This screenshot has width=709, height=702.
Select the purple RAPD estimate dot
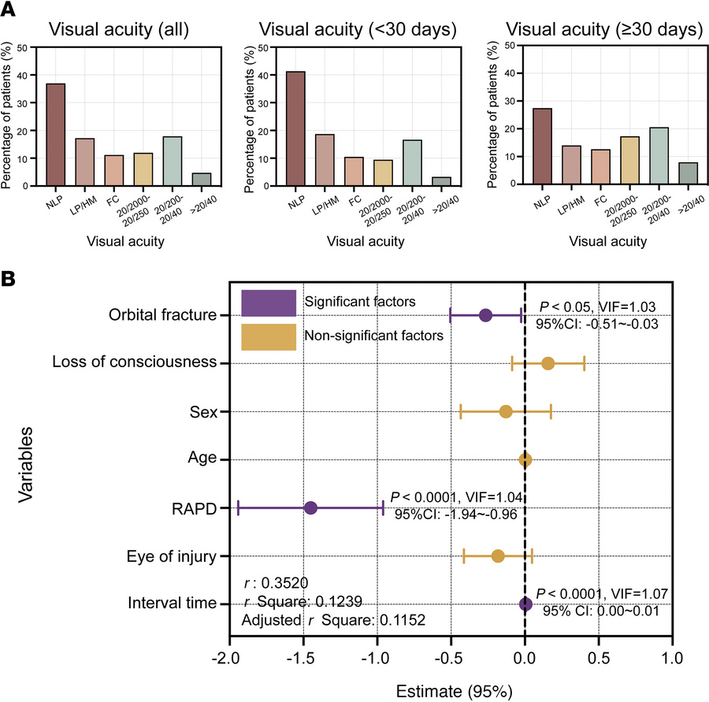coord(310,508)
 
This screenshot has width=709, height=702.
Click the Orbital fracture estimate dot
coord(485,315)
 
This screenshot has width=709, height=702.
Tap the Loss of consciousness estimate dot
coord(548,363)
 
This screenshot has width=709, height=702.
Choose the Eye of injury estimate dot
coord(498,556)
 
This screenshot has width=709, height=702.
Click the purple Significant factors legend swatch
coord(269,303)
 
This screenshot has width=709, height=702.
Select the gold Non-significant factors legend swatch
coord(269,336)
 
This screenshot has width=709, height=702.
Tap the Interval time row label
coord(172,604)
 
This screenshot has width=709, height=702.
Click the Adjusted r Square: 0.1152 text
coord(332,620)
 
